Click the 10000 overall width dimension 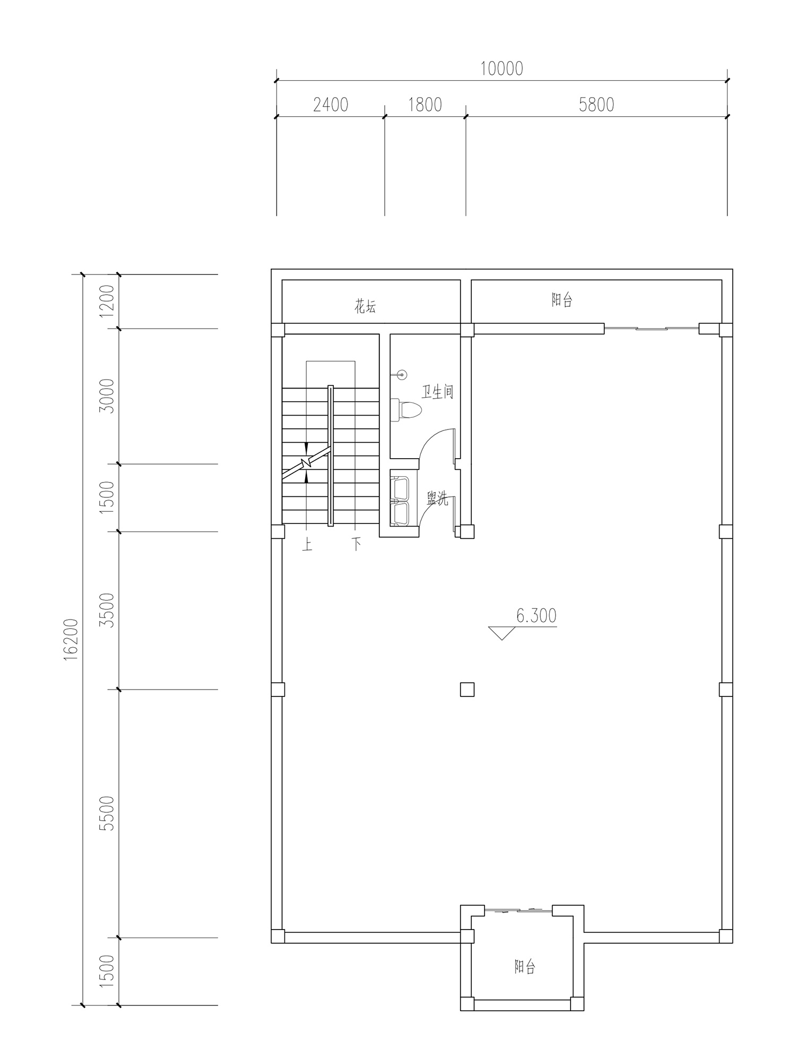501,69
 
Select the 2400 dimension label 331,105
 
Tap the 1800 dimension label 425,105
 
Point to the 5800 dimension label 596,105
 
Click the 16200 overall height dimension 71,639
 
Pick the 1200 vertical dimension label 107,301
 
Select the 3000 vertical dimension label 107,396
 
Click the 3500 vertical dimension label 107,610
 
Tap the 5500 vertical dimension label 107,814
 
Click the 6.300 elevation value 537,616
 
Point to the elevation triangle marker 501,633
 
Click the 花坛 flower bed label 366,306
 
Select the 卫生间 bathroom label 438,392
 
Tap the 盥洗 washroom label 438,499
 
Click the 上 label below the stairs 307,545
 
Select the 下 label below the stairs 357,544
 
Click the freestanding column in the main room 467,690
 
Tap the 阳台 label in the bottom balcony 525,967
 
